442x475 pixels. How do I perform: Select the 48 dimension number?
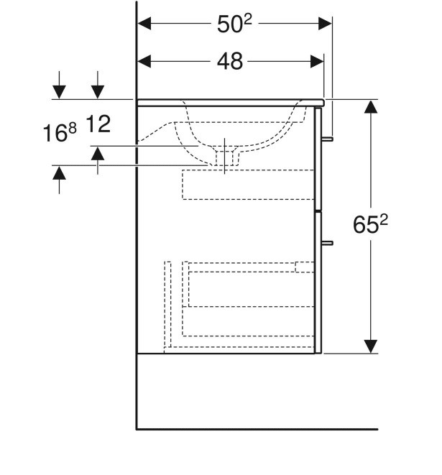[229, 62]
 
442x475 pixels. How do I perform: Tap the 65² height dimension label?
[370, 226]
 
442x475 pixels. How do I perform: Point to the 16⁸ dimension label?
[61, 132]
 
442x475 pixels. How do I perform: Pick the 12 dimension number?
[98, 125]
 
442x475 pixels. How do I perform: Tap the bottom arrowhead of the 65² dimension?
[370, 346]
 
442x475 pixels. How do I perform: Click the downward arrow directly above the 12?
[98, 91]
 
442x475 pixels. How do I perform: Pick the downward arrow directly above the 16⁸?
[59, 91]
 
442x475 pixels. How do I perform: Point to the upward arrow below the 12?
[98, 154]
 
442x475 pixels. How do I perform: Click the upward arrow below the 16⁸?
[59, 173]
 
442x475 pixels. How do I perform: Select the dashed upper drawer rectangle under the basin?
[248, 184]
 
